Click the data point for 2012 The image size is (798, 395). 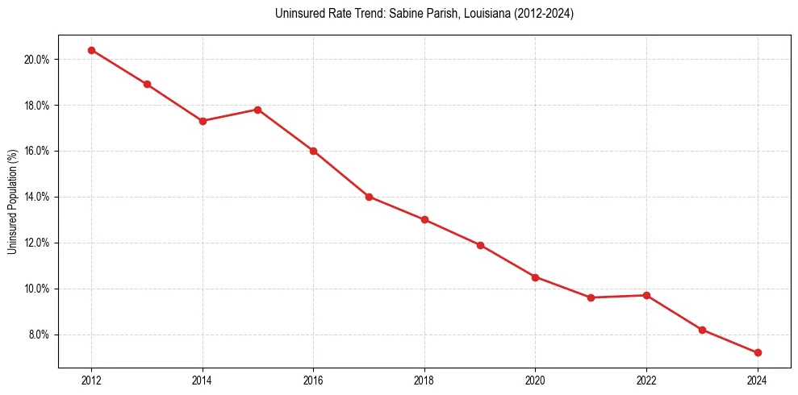tap(91, 50)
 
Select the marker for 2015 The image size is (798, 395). tap(258, 110)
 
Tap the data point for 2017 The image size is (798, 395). tap(369, 197)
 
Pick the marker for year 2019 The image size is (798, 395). tap(480, 245)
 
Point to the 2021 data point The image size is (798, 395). tap(591, 297)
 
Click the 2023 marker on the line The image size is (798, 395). tap(702, 330)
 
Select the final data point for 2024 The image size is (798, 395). tap(758, 352)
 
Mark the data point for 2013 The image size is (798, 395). tap(147, 84)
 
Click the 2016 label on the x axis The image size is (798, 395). tap(313, 380)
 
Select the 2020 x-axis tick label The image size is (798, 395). tap(535, 380)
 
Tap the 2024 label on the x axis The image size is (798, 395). tap(758, 380)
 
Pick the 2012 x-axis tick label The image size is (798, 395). tap(91, 380)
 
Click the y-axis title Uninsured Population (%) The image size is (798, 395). tap(12, 202)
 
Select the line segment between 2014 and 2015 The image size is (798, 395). tap(230, 115)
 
